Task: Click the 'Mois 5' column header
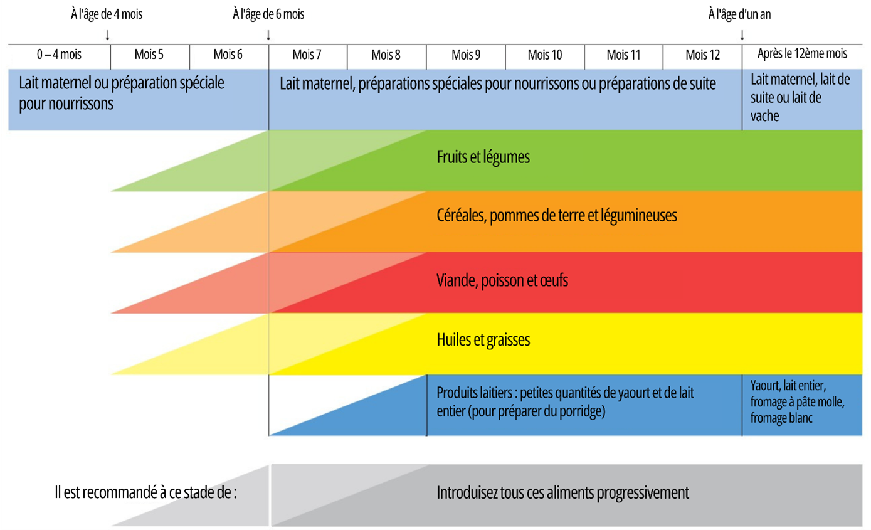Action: coord(149,55)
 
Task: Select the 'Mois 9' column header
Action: coord(466,55)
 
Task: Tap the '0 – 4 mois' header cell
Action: coord(59,55)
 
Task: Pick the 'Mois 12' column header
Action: coord(703,55)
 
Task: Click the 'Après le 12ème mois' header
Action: coord(802,54)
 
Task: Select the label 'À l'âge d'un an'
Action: coord(739,14)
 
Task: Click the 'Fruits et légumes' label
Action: coord(483,157)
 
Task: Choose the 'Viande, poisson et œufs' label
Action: coord(502,280)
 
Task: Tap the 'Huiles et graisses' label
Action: coord(483,340)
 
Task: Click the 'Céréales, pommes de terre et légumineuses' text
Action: coord(556,216)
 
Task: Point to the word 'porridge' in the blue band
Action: coord(581,411)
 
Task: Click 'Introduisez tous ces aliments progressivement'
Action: coord(562,492)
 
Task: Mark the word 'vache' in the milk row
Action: coord(764,116)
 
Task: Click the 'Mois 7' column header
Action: coord(307,55)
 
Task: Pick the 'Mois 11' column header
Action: coord(623,55)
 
